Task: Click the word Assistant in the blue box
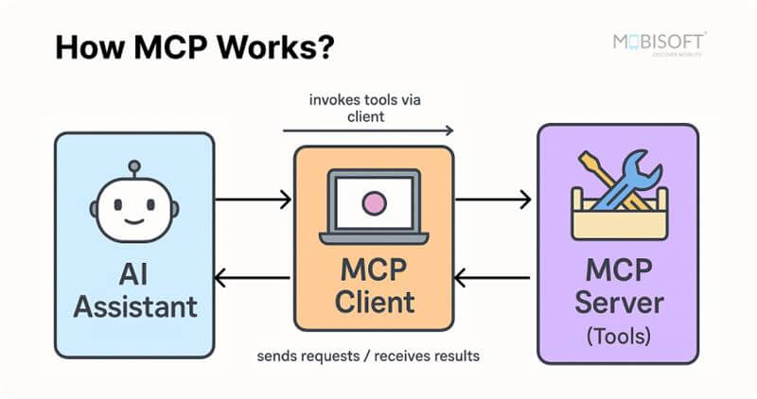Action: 135,305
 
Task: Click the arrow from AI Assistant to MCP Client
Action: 253,199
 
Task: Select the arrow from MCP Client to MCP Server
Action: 493,199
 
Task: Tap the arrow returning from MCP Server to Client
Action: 493,278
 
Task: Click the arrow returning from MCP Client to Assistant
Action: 253,278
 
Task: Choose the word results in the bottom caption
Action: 453,357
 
